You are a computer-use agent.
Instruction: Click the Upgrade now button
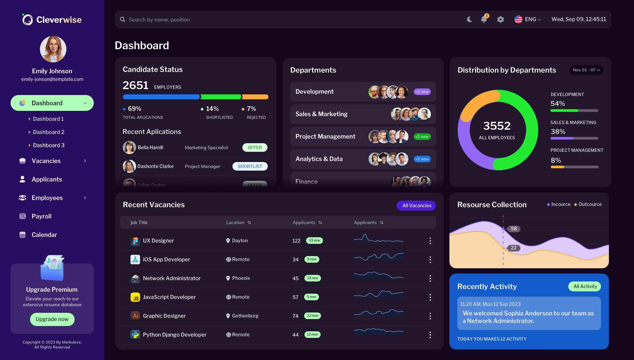[x=52, y=319]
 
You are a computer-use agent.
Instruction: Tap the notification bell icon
[x=484, y=19]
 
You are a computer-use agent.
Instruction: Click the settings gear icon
[x=501, y=19]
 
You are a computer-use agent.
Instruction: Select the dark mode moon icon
[x=470, y=19]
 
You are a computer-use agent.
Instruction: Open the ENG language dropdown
[x=528, y=19]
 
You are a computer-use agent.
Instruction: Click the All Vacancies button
[x=416, y=205]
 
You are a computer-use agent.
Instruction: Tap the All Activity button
[x=584, y=286]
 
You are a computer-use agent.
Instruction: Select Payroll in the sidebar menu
[x=42, y=216]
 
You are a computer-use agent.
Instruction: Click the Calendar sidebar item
[x=44, y=235]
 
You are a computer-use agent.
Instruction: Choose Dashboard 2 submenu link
[x=49, y=132]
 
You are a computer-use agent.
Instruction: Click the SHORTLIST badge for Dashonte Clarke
[x=250, y=166]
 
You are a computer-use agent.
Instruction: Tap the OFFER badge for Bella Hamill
[x=255, y=147]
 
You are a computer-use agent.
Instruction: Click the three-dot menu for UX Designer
[x=430, y=241]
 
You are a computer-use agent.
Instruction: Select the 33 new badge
[x=314, y=241]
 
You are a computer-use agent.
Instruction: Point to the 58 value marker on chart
[x=514, y=229]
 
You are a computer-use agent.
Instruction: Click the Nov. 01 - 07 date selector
[x=586, y=70]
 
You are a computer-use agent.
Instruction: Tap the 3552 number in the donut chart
[x=497, y=126]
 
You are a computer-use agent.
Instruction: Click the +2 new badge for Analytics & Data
[x=422, y=159]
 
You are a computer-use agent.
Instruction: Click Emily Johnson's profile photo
[x=53, y=49]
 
